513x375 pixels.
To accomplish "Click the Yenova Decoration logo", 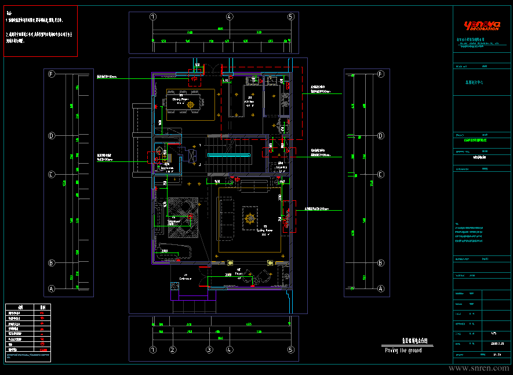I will tap(481, 25).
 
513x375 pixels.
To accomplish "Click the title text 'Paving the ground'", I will tap(403, 351).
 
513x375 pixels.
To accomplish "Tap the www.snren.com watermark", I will tap(479, 368).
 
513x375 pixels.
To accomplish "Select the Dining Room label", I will tap(181, 99).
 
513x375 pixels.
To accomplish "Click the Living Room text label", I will tap(265, 230).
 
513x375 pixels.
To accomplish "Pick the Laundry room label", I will tap(281, 168).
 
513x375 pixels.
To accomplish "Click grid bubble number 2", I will tap(172, 350).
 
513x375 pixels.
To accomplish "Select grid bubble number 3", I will tap(209, 350).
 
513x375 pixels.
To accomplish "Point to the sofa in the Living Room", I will tap(225, 218).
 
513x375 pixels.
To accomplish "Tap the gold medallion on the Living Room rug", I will tap(250, 218).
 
